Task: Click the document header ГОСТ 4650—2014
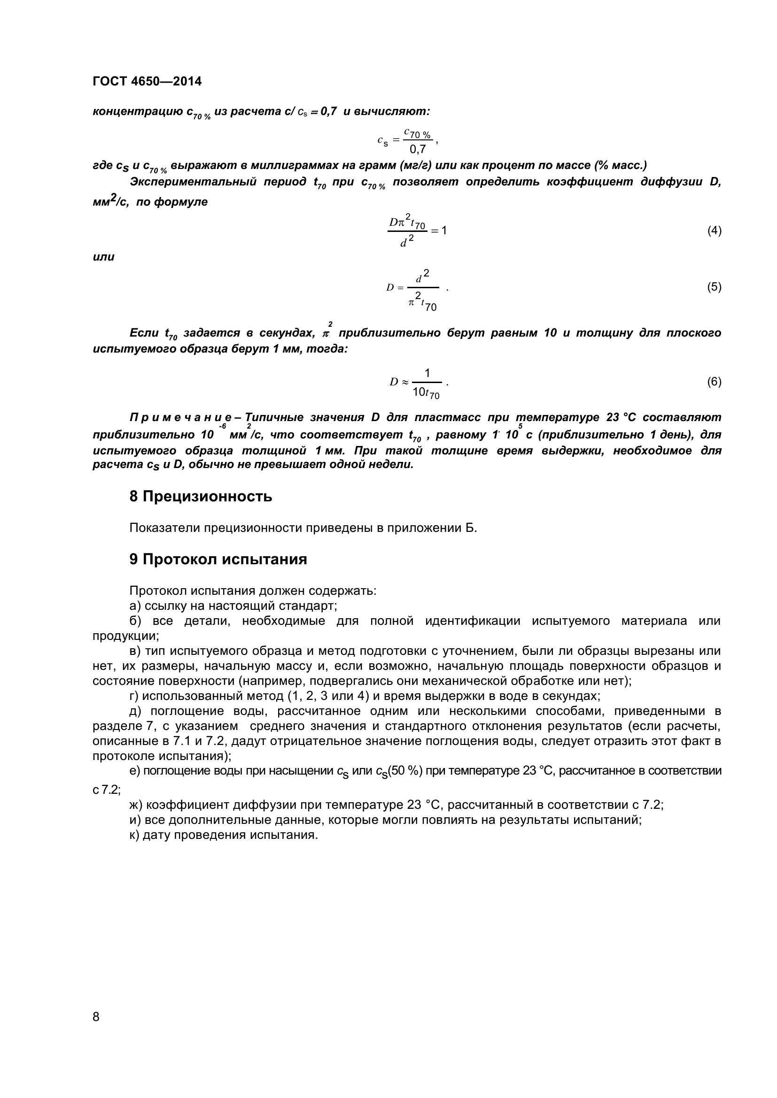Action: (147, 82)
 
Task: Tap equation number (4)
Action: (714, 231)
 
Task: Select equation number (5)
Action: (714, 287)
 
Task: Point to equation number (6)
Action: (714, 382)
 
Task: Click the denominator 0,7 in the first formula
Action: (418, 150)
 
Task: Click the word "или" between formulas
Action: (103, 257)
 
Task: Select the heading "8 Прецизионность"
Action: (201, 497)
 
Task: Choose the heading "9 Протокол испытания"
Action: (218, 559)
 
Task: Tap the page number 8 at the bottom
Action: (96, 1030)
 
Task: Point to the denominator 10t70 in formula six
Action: (426, 393)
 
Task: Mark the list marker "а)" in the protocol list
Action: (135, 606)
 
